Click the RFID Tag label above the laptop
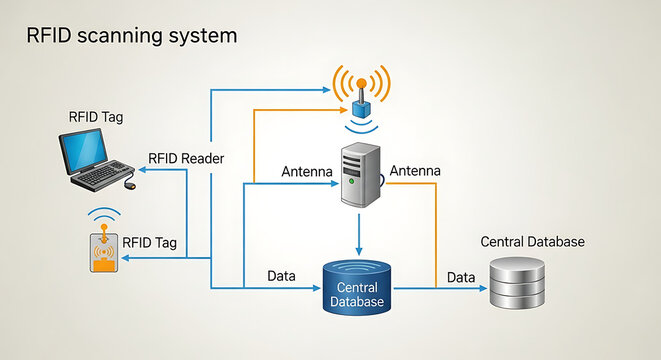[x=96, y=117]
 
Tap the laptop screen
[x=85, y=150]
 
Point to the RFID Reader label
[x=186, y=158]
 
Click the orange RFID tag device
[x=102, y=252]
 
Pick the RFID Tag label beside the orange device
[x=149, y=242]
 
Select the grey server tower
[x=361, y=174]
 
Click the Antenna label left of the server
[x=307, y=172]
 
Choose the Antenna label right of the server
[x=414, y=172]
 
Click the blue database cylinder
[x=357, y=287]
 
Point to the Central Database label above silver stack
[x=533, y=242]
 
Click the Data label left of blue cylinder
[x=281, y=275]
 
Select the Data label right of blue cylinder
[x=461, y=276]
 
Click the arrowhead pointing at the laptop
[x=141, y=171]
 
